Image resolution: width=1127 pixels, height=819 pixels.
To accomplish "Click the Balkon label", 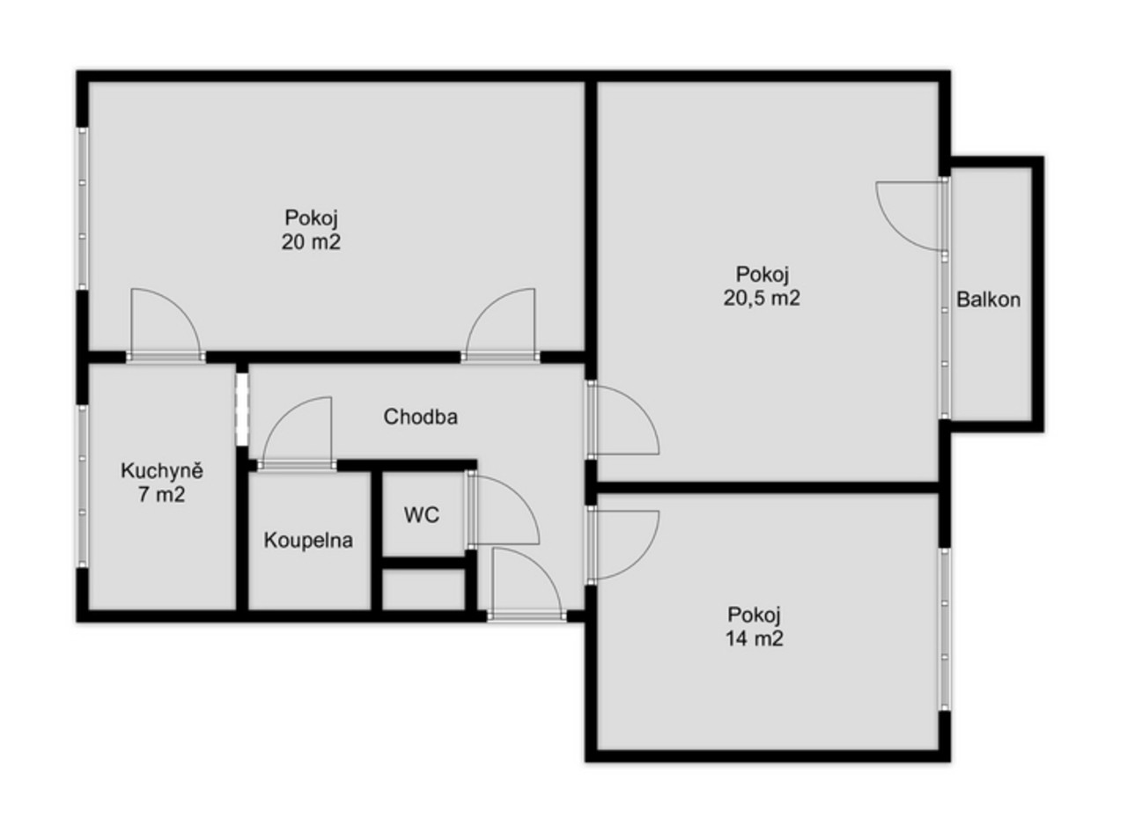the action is (989, 299).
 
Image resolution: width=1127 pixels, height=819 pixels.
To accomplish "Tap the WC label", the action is (422, 515).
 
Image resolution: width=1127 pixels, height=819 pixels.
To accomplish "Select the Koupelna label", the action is (308, 541).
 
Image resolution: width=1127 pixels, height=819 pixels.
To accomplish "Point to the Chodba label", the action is (421, 417).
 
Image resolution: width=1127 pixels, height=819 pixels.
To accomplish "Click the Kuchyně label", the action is (162, 471).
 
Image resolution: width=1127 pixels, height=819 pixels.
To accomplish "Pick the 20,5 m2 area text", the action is (762, 299).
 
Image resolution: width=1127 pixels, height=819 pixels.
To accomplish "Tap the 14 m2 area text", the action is (755, 638).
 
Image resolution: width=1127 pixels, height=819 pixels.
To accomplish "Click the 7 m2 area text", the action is (161, 495).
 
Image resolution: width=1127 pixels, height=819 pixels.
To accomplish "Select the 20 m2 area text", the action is (311, 242).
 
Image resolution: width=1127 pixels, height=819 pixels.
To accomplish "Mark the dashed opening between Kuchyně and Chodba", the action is (242, 408).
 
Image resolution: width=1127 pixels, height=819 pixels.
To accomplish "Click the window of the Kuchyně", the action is (83, 486).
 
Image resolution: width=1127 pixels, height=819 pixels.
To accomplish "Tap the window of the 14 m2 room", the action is (945, 630).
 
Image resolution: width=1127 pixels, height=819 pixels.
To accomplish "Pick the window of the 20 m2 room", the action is (83, 209).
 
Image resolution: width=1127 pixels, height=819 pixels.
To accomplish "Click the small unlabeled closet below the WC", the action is (424, 589).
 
